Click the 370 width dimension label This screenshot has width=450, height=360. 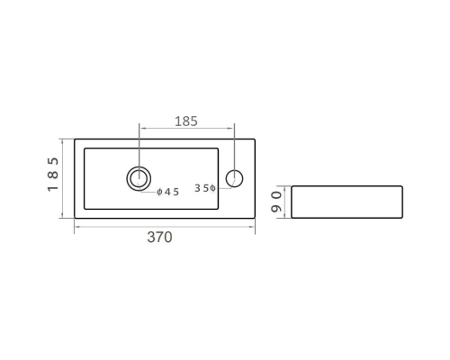(x=159, y=238)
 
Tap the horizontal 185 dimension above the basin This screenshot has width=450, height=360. (x=186, y=121)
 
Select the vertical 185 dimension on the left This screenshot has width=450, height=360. (x=53, y=175)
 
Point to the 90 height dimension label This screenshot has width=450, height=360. (x=276, y=202)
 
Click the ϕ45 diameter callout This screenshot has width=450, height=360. (x=167, y=192)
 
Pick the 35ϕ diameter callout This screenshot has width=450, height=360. (x=205, y=188)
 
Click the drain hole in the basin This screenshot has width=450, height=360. (x=139, y=178)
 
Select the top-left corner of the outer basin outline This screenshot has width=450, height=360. (x=75, y=139)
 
